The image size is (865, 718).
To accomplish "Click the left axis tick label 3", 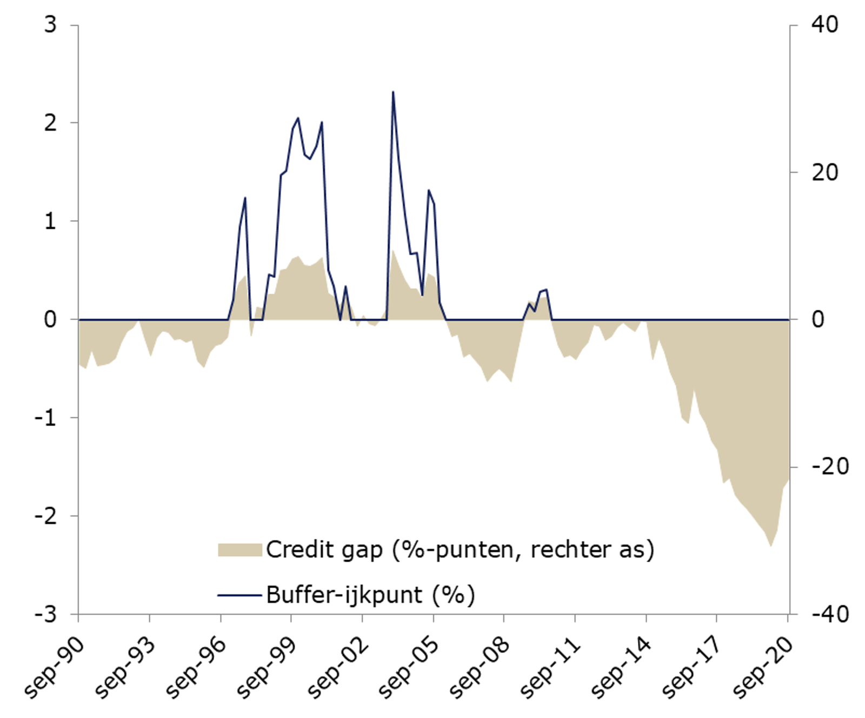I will point(50,25).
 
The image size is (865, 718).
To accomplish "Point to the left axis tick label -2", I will point(45,516).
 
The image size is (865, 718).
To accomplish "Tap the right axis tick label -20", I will point(830,466).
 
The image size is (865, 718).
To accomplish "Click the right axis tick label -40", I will point(830,614).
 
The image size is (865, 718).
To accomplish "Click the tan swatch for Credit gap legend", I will point(239,550).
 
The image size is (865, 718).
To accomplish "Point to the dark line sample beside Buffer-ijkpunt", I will point(239,595).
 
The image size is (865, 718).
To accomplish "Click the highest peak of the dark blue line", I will point(393,92).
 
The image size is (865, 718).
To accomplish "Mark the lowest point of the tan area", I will point(771,546).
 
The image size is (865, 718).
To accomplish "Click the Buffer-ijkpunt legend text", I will point(344,595).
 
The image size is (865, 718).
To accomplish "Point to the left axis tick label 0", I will point(50,320).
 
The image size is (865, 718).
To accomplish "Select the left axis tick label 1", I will point(50,221).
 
